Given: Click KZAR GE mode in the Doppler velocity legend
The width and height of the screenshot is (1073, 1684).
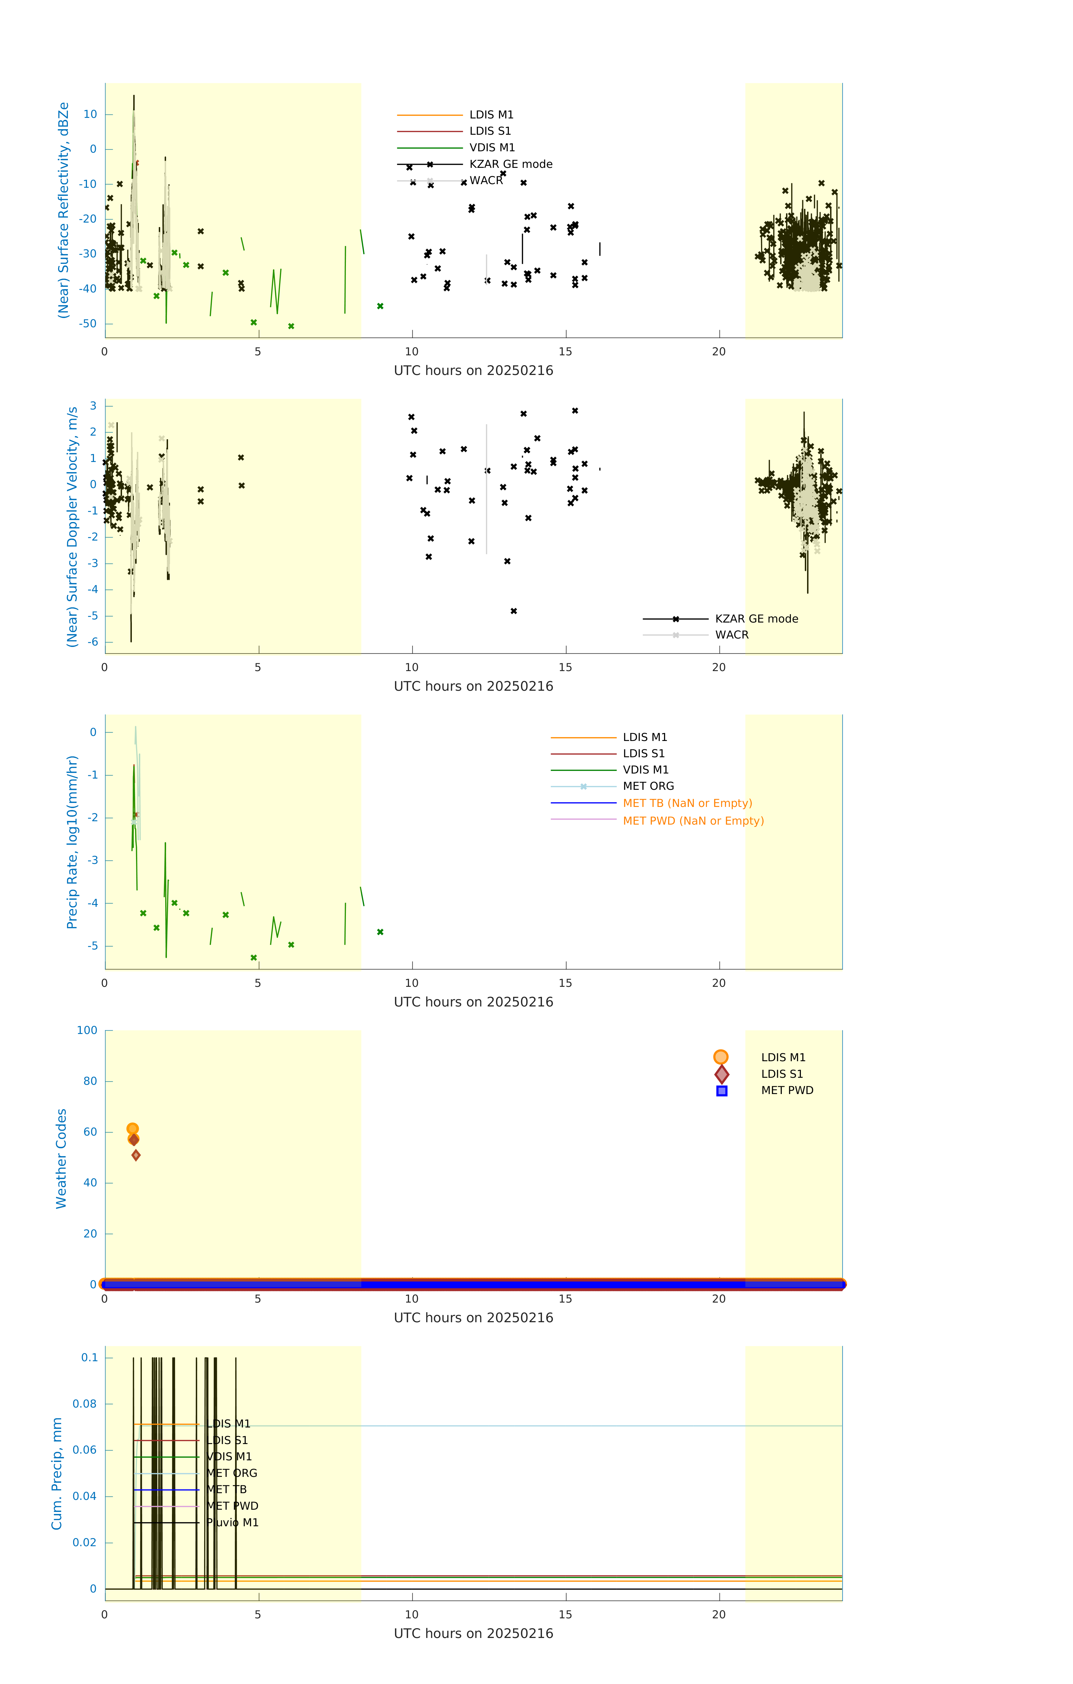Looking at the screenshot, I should (756, 619).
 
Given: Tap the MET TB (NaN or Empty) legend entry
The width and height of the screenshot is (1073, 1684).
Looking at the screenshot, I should (687, 804).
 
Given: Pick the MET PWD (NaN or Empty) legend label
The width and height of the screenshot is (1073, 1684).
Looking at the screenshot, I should (693, 821).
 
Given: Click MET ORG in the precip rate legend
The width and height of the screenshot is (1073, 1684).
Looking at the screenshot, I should (648, 786).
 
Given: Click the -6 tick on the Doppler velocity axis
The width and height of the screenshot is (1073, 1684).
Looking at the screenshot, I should (91, 642).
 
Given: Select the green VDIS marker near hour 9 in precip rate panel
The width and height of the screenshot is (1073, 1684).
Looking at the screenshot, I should (380, 932).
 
